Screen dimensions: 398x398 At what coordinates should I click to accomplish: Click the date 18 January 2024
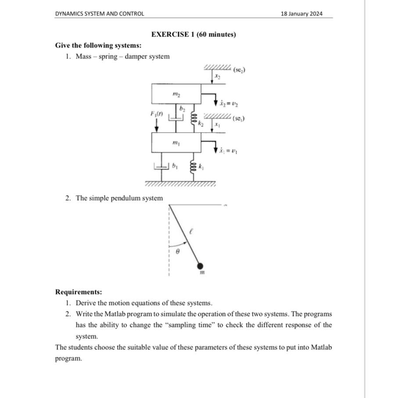point(301,14)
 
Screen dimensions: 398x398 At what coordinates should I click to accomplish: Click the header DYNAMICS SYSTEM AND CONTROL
point(100,14)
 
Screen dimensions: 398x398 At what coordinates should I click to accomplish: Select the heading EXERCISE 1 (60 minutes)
point(193,34)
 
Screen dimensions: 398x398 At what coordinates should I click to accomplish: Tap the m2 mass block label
point(176,94)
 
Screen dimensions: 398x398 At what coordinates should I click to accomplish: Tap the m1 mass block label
point(176,143)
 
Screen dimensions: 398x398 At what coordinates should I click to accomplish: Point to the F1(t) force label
point(157,114)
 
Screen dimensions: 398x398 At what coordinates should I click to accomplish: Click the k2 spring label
point(201,124)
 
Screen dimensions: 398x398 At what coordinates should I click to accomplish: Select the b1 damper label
point(175,166)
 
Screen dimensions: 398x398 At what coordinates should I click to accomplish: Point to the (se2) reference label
point(239,70)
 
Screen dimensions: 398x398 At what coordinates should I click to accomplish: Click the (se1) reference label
point(239,118)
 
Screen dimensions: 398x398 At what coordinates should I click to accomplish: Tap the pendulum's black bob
point(200,265)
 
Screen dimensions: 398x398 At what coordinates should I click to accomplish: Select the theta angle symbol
point(177,252)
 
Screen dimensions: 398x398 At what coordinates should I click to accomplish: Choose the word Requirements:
point(79,292)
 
